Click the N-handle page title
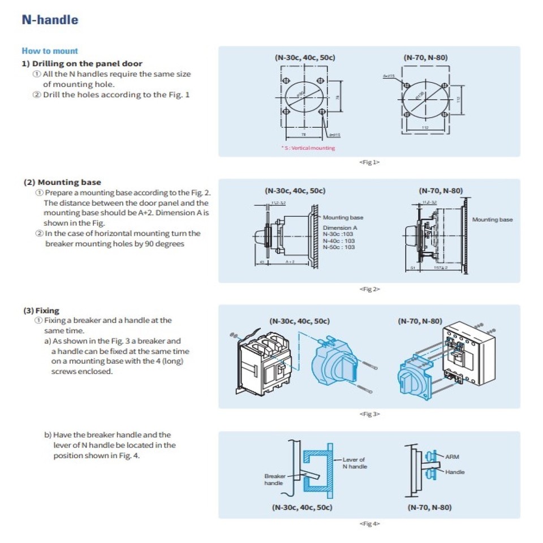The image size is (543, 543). tap(50, 20)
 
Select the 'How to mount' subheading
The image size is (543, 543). tap(50, 51)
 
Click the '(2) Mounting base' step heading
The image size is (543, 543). tap(62, 182)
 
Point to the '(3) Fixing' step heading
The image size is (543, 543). tap(41, 311)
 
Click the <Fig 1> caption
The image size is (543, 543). tap(369, 162)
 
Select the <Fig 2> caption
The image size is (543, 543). tap(369, 289)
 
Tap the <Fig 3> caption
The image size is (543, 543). tap(369, 414)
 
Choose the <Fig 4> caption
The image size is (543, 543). tap(369, 524)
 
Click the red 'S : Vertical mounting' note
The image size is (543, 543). tap(308, 148)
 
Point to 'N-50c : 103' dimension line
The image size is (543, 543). tap(339, 247)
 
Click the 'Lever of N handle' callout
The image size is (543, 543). tap(354, 463)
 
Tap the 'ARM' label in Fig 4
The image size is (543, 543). tap(452, 456)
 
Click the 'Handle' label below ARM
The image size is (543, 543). tap(454, 472)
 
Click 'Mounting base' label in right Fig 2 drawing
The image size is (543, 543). tap(492, 219)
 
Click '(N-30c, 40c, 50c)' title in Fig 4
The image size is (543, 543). tap(302, 507)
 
